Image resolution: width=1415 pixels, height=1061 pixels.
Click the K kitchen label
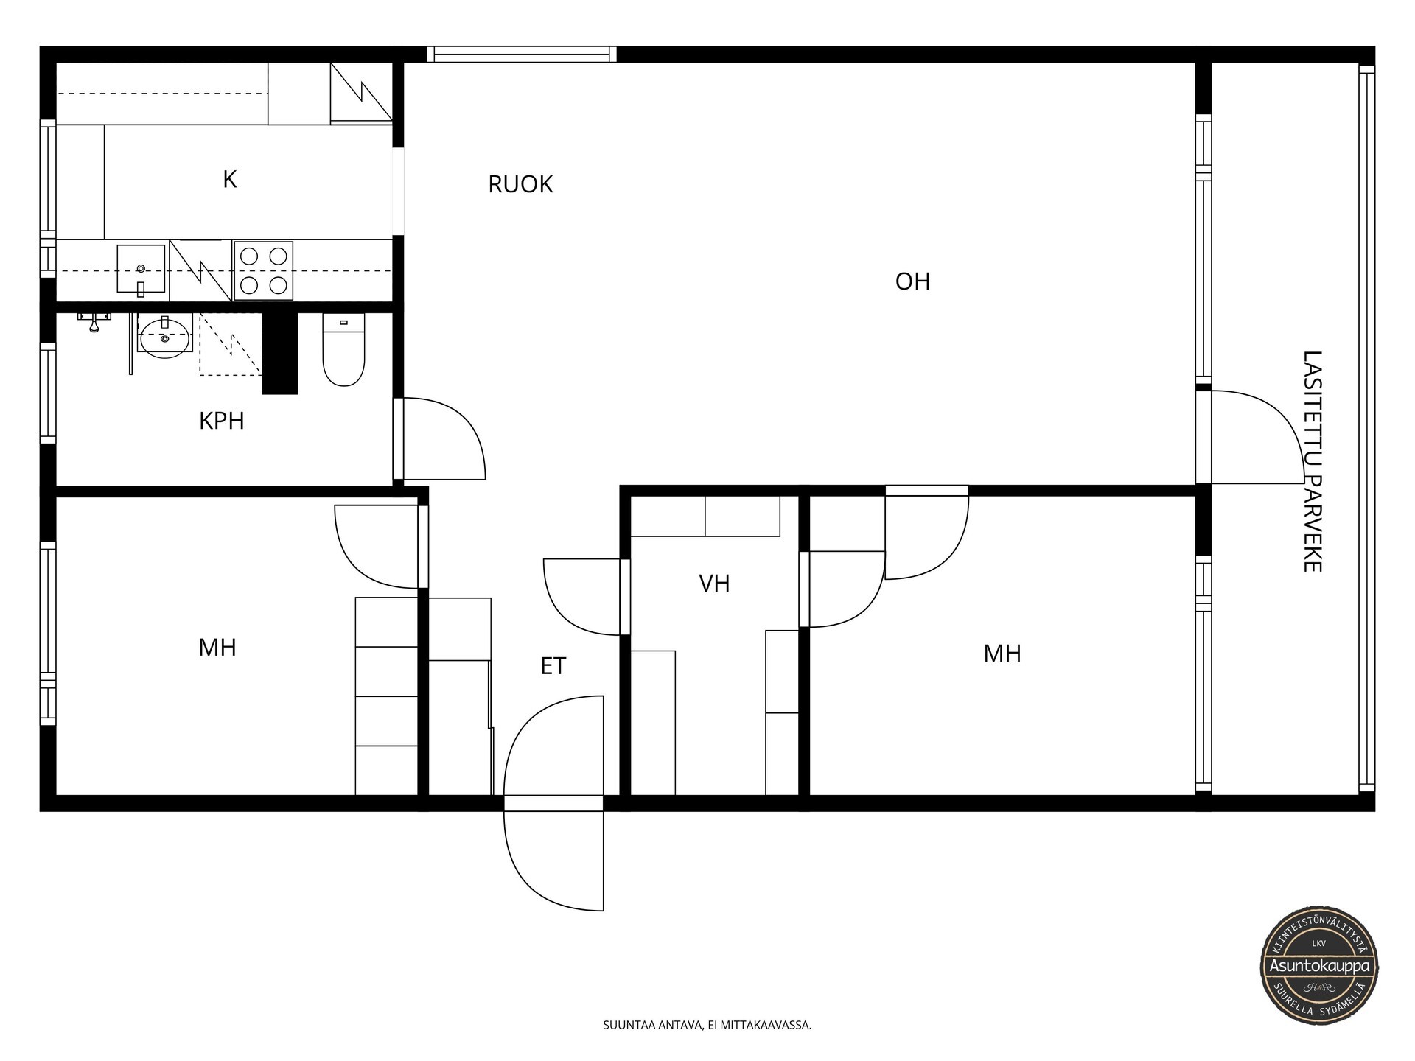pos(230,179)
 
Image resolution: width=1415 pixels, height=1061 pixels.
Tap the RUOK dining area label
pos(520,184)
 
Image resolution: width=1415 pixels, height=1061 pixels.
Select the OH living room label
pos(912,281)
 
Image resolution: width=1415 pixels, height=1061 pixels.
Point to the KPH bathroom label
pos(222,421)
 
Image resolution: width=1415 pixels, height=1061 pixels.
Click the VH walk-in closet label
pos(714,584)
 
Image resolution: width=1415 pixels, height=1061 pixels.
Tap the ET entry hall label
pos(553,666)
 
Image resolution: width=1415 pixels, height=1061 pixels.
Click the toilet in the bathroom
pos(343,350)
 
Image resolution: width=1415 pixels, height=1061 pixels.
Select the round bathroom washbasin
pos(165,337)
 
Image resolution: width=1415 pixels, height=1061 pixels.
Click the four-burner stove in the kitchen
pos(264,270)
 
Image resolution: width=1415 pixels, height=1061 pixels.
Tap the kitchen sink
pos(141,270)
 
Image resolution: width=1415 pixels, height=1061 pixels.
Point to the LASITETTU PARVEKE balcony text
pos(1313,461)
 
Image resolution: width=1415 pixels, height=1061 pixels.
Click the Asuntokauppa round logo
pos(1318,965)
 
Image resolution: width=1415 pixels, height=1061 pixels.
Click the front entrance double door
pos(553,803)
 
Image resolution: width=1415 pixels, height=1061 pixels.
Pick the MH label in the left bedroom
pos(217,648)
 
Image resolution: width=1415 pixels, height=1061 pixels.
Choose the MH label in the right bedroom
pos(1002,654)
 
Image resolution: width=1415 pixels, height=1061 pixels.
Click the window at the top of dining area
pos(522,54)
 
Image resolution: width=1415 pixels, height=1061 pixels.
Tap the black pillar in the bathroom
pos(280,353)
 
